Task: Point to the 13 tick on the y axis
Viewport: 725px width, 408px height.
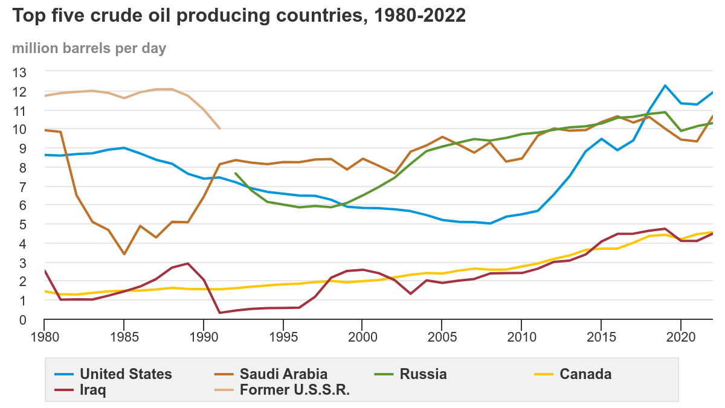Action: click(x=20, y=72)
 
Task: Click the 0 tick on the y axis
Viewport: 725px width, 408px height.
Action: click(x=24, y=319)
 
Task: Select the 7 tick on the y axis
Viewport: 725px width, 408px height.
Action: click(x=24, y=186)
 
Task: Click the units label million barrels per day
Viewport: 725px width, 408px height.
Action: click(x=89, y=48)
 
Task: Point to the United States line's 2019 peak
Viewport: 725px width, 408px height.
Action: click(x=665, y=86)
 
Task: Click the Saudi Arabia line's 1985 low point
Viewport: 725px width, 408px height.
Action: click(x=124, y=254)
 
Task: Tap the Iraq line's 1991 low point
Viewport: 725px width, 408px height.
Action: click(x=219, y=313)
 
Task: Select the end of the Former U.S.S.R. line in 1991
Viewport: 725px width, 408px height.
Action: click(x=220, y=129)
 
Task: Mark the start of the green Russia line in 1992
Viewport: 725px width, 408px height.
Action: click(x=235, y=173)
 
